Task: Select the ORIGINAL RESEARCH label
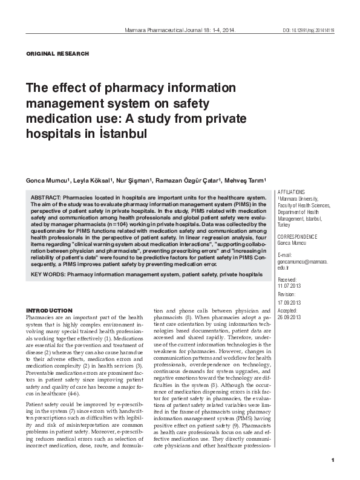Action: click(x=57, y=54)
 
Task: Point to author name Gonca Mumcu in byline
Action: click(x=48, y=181)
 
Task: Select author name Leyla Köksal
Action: click(x=92, y=181)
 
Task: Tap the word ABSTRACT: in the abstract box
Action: click(x=48, y=198)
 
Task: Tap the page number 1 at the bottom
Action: click(x=333, y=461)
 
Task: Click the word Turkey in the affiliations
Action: click(x=284, y=224)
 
